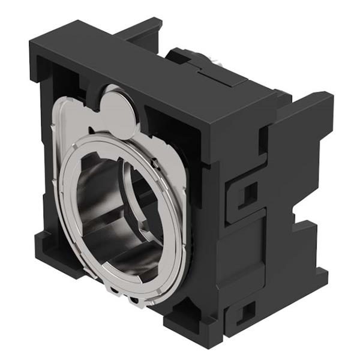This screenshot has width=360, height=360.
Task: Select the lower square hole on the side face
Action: click(245, 312)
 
